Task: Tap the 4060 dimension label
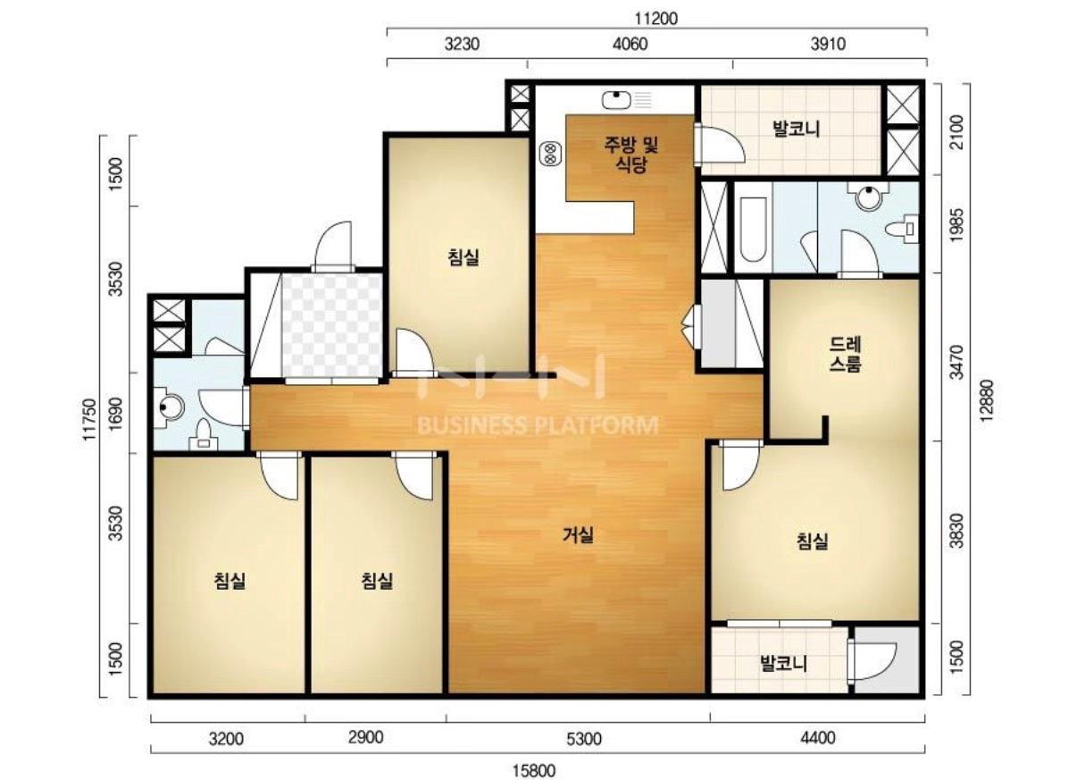pyautogui.click(x=630, y=45)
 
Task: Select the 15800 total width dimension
pyautogui.click(x=534, y=770)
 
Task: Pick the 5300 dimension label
pyautogui.click(x=584, y=739)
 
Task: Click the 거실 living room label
pyautogui.click(x=579, y=534)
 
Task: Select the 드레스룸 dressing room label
pyautogui.click(x=846, y=355)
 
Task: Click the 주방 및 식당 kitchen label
pyautogui.click(x=631, y=155)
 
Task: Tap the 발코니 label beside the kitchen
pyautogui.click(x=797, y=129)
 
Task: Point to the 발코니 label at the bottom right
pyautogui.click(x=784, y=664)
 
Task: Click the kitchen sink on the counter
pyautogui.click(x=616, y=100)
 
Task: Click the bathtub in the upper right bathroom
pyautogui.click(x=753, y=230)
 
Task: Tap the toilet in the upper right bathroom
pyautogui.click(x=903, y=229)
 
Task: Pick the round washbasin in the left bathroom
pyautogui.click(x=170, y=407)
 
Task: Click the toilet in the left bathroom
pyautogui.click(x=204, y=434)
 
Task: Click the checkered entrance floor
pyautogui.click(x=331, y=325)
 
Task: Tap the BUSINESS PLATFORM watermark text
pyautogui.click(x=538, y=425)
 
